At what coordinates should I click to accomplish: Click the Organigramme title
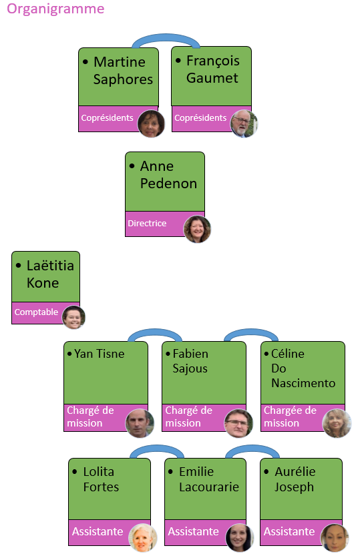click(x=55, y=9)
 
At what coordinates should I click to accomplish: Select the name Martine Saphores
click(x=123, y=71)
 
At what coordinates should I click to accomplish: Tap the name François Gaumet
click(x=213, y=69)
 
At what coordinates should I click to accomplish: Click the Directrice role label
click(x=147, y=224)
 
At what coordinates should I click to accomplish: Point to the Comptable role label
click(x=36, y=312)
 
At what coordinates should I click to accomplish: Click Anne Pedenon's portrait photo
click(x=197, y=230)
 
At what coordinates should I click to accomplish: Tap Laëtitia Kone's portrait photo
click(x=73, y=317)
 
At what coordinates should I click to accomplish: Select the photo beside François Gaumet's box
click(x=244, y=123)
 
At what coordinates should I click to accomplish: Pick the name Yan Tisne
click(x=99, y=354)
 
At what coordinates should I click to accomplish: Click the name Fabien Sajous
click(x=190, y=361)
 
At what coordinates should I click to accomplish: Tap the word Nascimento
click(x=303, y=383)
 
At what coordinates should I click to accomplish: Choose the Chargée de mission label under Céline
click(x=290, y=417)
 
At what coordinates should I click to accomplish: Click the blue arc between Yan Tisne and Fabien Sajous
click(x=155, y=332)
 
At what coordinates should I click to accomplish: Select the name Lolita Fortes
click(x=101, y=479)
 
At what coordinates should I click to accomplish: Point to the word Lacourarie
click(x=209, y=487)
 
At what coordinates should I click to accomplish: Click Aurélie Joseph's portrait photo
click(x=334, y=538)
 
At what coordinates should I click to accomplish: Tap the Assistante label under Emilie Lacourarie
click(x=193, y=531)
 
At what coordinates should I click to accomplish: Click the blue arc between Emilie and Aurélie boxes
click(x=252, y=449)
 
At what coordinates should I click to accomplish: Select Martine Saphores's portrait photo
click(x=151, y=123)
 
